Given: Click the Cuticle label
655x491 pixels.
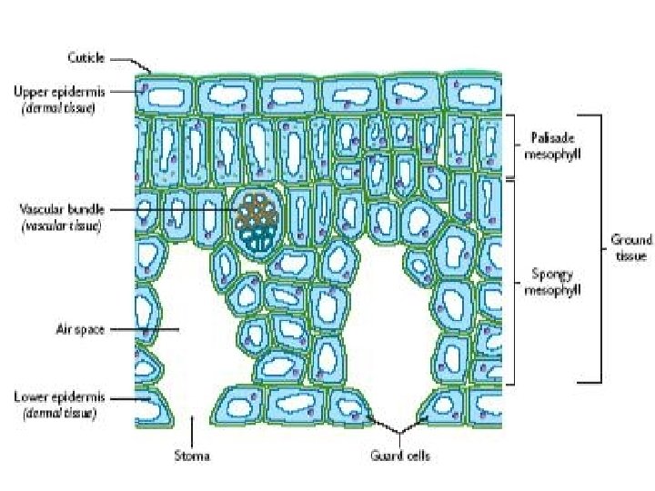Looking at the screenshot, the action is (86, 57).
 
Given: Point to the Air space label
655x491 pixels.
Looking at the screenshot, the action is (80, 330).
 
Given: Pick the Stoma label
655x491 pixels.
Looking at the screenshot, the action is (192, 455).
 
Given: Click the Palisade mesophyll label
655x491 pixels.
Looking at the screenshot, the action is (554, 146).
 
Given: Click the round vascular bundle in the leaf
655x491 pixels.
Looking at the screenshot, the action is (256, 220).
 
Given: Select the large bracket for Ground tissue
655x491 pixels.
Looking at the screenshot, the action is (600, 247).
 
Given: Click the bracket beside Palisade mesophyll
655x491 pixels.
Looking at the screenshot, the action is (514, 145).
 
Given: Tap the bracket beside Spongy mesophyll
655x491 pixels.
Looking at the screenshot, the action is (514, 282).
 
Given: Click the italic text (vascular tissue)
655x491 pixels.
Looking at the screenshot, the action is (60, 225).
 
